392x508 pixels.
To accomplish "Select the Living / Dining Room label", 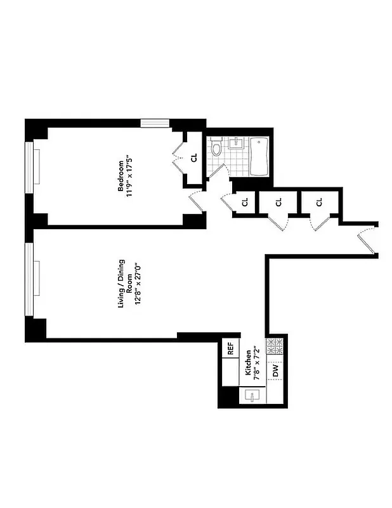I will (124, 284).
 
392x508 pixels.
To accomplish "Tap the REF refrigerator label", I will (230, 348).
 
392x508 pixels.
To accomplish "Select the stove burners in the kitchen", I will (277, 347).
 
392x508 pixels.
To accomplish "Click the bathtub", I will (261, 157).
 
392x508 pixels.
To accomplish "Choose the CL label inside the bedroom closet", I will (194, 157).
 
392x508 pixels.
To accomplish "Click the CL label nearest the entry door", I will (319, 203).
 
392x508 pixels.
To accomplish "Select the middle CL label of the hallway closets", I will (278, 203).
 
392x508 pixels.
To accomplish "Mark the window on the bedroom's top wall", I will (155, 123).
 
